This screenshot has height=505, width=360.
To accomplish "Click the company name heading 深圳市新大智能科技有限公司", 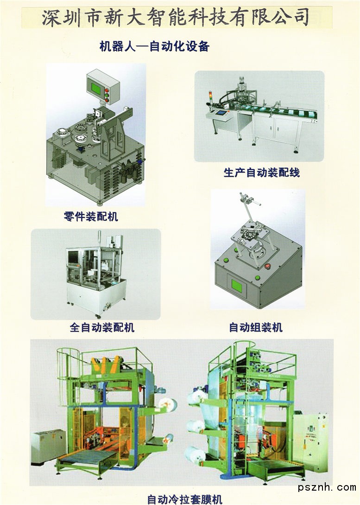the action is (x=176, y=17).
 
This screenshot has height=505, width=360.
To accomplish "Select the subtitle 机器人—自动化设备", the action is (x=154, y=46).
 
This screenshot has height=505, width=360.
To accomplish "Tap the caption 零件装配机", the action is (x=91, y=216).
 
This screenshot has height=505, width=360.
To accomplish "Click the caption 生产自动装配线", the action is (x=262, y=173).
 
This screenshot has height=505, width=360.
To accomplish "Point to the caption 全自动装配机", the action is (x=102, y=327).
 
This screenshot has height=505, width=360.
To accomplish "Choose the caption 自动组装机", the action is (x=256, y=327).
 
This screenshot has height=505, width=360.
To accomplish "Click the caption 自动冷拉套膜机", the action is (x=185, y=499).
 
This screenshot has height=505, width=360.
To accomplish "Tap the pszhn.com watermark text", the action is (x=327, y=487).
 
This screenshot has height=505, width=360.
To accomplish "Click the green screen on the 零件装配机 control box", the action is (x=97, y=88).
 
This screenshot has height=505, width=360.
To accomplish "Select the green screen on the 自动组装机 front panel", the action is (x=237, y=286).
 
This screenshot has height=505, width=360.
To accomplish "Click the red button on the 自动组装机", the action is (x=267, y=266).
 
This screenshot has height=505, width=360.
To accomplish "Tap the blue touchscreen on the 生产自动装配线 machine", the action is (x=221, y=113).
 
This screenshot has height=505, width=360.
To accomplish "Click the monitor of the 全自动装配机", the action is (x=72, y=257).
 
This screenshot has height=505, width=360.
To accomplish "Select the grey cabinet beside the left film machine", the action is (x=48, y=447).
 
